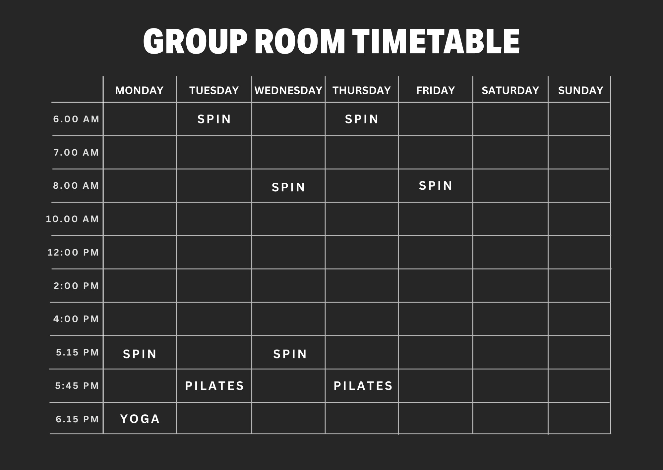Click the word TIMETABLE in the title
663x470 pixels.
click(436, 41)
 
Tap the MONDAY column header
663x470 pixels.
click(139, 90)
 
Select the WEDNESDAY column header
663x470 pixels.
click(288, 90)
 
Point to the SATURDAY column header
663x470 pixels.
click(510, 90)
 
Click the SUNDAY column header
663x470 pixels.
click(580, 90)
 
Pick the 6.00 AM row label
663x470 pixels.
click(76, 119)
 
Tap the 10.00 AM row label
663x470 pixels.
click(72, 219)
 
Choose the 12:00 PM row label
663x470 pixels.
click(73, 253)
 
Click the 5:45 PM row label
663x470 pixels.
click(77, 386)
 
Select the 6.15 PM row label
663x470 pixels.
click(77, 419)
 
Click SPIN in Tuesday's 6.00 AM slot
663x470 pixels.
click(214, 119)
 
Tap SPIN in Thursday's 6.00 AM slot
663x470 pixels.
click(361, 119)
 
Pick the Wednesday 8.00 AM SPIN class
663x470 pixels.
click(288, 187)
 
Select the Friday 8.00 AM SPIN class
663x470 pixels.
click(435, 186)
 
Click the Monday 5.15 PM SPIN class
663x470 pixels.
click(140, 354)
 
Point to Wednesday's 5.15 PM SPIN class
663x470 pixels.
click(290, 354)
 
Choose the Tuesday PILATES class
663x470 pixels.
click(214, 386)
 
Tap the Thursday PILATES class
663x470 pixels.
click(363, 386)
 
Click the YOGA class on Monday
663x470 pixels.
click(140, 419)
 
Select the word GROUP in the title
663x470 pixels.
click(195, 41)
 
